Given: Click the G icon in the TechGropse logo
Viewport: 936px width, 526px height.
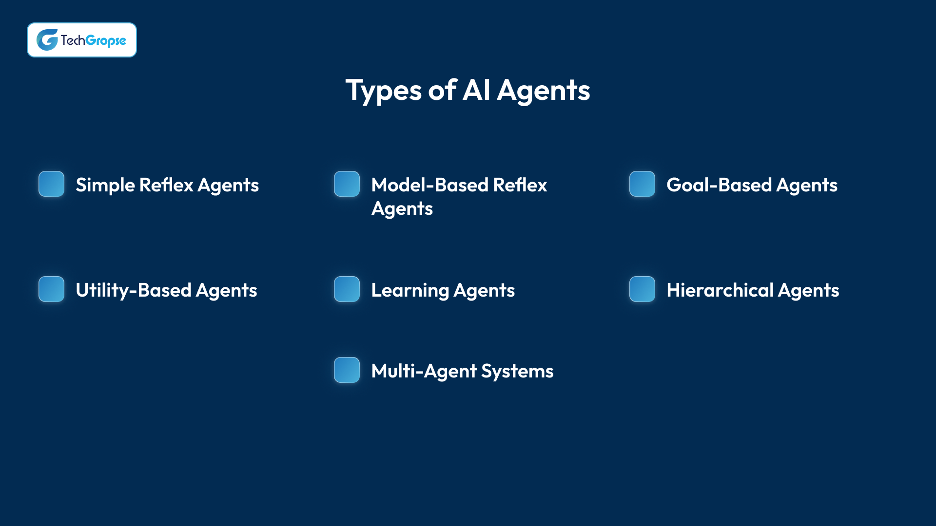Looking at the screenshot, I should tap(47, 40).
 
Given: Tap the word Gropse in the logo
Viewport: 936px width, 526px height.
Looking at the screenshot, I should tap(106, 40).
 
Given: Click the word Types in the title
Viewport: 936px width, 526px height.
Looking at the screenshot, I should tap(384, 91).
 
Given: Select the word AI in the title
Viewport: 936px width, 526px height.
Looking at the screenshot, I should tap(476, 91).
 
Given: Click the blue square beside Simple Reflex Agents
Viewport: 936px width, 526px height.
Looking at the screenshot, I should tap(52, 184).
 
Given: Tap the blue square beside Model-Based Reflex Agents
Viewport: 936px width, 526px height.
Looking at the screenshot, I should tap(347, 184).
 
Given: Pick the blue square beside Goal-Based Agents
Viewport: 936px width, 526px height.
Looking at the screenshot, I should tap(643, 184).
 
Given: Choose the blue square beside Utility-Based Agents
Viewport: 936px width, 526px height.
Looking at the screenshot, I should tap(52, 289).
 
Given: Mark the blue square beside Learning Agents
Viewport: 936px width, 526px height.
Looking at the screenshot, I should tap(347, 289).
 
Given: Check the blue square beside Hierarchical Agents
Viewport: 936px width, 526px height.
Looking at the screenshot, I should tap(643, 289).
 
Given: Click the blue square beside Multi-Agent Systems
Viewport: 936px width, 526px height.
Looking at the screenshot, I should tap(347, 370).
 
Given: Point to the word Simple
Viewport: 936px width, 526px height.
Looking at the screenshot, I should tap(105, 186).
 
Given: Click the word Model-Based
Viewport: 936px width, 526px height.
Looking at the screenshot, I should tap(430, 185).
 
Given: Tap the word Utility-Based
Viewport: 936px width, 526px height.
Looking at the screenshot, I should tap(134, 290).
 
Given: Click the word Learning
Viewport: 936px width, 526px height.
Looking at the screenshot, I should tap(410, 290).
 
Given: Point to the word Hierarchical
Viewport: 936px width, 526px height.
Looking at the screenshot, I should tap(720, 290).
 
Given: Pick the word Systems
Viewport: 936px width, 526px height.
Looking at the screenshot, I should tap(517, 371).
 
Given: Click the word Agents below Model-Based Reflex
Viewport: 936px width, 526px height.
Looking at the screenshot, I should tap(402, 209).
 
